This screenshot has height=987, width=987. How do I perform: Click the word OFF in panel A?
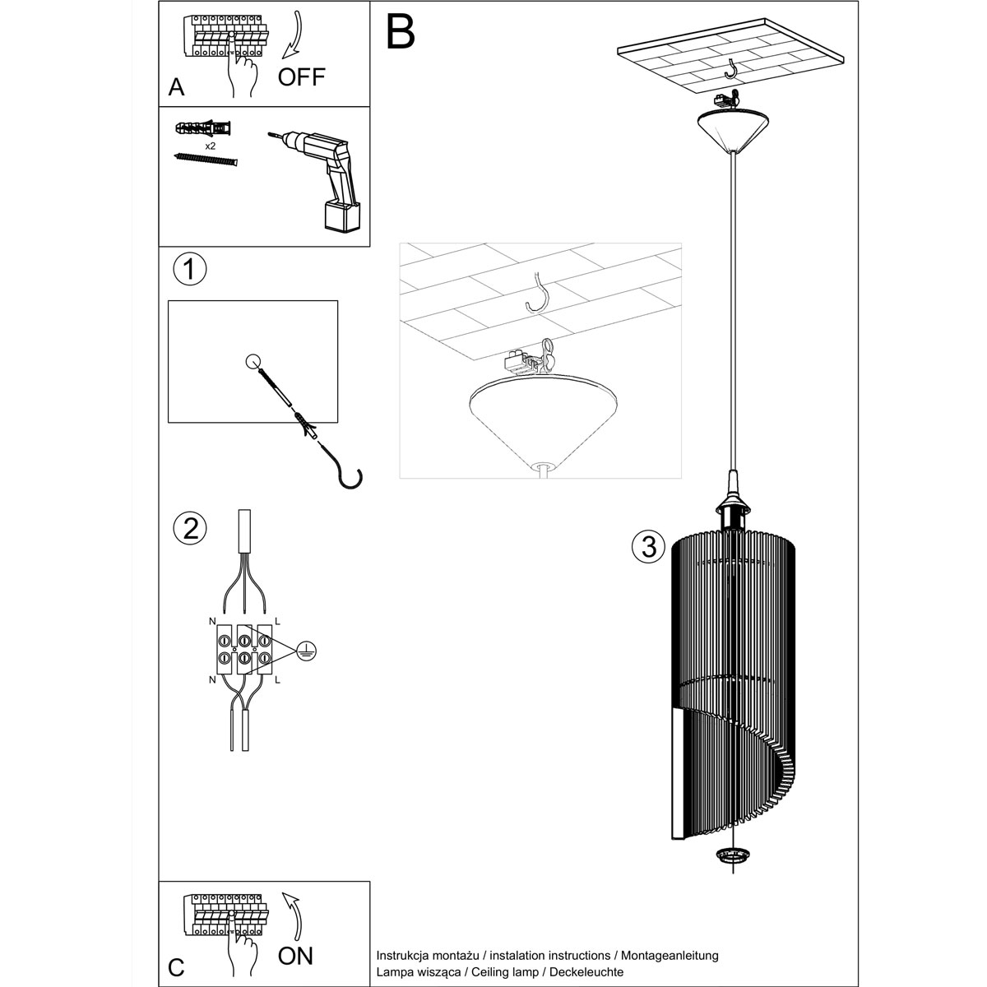click(x=302, y=77)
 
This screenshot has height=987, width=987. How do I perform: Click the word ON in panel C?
click(x=296, y=955)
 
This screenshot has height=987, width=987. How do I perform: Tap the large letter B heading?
click(x=401, y=30)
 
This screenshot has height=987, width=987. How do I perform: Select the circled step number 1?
click(x=190, y=269)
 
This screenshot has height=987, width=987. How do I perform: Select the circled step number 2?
click(x=190, y=528)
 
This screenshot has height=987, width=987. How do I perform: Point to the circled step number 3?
click(x=649, y=545)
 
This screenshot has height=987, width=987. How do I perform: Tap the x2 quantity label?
click(x=210, y=145)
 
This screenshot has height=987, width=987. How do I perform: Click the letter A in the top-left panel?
click(x=176, y=87)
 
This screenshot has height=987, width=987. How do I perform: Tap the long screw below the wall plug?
click(x=206, y=160)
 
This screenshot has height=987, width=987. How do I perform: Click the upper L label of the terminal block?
click(x=277, y=618)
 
